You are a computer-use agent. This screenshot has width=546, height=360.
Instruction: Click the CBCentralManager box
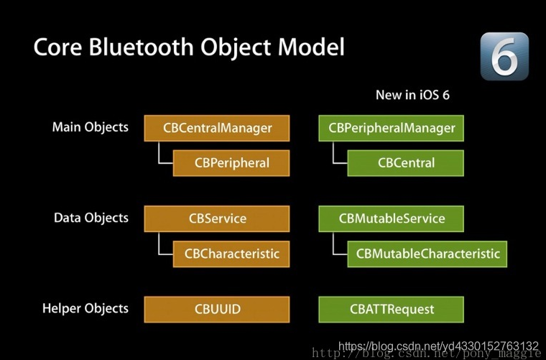click(x=217, y=129)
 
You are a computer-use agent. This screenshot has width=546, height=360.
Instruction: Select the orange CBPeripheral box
click(x=231, y=163)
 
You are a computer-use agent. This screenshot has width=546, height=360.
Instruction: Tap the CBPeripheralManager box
click(x=392, y=129)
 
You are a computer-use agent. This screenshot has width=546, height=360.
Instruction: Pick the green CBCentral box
click(x=406, y=163)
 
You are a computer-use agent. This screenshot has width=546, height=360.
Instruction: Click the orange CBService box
click(x=217, y=219)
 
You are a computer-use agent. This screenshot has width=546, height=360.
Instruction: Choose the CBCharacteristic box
click(x=231, y=254)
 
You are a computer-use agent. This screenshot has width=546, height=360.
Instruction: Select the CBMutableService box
click(x=392, y=219)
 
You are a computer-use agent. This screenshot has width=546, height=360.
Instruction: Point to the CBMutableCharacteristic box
click(x=427, y=254)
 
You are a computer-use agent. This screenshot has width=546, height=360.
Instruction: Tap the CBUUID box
click(x=217, y=310)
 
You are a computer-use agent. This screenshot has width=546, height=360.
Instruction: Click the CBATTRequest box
click(x=392, y=310)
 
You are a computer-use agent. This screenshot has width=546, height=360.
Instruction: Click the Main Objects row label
click(x=91, y=127)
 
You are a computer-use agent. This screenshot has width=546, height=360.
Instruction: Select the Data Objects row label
click(x=91, y=218)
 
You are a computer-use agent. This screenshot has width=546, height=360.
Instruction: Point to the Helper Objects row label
click(x=85, y=308)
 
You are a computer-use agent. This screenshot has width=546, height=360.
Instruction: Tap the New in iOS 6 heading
click(x=412, y=95)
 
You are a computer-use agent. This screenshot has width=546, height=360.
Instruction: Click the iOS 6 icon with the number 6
click(x=505, y=55)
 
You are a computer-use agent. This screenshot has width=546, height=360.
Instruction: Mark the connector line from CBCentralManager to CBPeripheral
click(x=159, y=155)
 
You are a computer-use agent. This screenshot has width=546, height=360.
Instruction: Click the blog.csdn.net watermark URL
click(x=438, y=346)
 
